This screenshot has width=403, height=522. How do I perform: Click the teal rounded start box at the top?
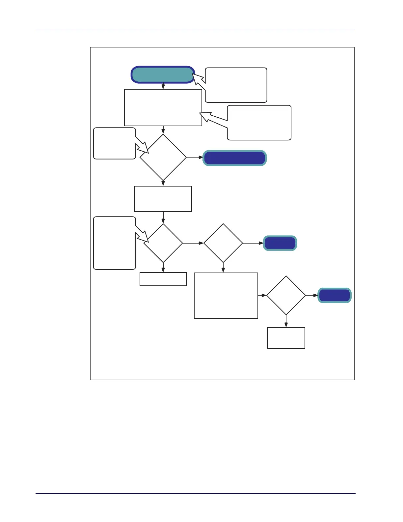pyautogui.click(x=163, y=74)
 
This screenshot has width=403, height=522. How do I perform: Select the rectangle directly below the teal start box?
pyautogui.click(x=163, y=107)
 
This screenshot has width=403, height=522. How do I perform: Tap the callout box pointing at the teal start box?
pyautogui.click(x=236, y=85)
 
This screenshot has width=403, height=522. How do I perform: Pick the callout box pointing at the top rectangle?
pyautogui.click(x=259, y=123)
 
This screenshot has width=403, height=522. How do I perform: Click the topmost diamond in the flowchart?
pyautogui.click(x=163, y=157)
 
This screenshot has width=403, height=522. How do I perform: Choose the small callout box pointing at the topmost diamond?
pyautogui.click(x=114, y=143)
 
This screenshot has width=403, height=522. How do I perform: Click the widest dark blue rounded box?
pyautogui.click(x=234, y=158)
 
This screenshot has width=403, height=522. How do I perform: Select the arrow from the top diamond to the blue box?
pyautogui.click(x=195, y=158)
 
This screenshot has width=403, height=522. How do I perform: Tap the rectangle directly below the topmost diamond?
pyautogui.click(x=163, y=199)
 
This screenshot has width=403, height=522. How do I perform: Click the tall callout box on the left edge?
pyautogui.click(x=114, y=243)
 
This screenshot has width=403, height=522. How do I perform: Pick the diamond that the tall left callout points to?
pyautogui.click(x=163, y=243)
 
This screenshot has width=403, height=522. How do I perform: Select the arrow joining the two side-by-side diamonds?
pyautogui.click(x=193, y=243)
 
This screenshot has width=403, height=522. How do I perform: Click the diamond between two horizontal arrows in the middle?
pyautogui.click(x=223, y=243)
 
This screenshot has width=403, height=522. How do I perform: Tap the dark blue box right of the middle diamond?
pyautogui.click(x=280, y=243)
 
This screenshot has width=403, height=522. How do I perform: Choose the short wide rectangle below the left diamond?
pyautogui.click(x=163, y=279)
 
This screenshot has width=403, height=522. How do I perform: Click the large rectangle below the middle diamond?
pyautogui.click(x=226, y=296)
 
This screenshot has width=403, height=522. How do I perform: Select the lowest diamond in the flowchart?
pyautogui.click(x=286, y=295)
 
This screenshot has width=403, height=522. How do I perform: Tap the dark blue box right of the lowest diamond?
pyautogui.click(x=335, y=295)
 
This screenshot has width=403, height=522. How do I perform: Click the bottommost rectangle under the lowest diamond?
pyautogui.click(x=286, y=338)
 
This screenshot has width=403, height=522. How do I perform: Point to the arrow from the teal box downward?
pyautogui.click(x=163, y=86)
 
